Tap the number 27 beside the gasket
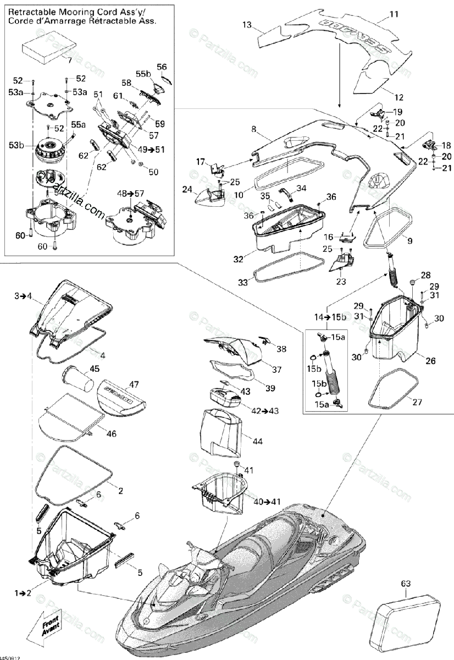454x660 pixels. pos(417,402)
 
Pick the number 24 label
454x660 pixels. pos(187,189)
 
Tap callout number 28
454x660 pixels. pos(426,275)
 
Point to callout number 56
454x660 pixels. pos(161,67)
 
